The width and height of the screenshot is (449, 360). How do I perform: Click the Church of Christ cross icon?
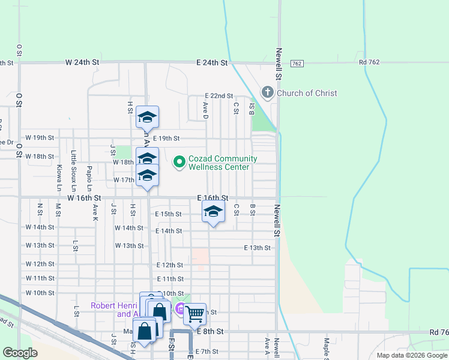(268, 93)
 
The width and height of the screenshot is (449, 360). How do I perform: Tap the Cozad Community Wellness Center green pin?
(179, 162)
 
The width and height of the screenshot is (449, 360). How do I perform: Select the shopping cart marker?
(194, 313)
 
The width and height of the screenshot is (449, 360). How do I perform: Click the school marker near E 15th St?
(212, 212)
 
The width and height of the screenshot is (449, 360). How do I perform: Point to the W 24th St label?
(82, 62)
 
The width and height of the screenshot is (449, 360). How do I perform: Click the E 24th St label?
(212, 62)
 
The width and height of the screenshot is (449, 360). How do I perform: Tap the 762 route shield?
(296, 63)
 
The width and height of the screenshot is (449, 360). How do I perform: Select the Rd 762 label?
(371, 62)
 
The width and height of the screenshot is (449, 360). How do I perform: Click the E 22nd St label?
(218, 96)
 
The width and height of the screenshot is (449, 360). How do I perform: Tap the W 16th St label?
(84, 197)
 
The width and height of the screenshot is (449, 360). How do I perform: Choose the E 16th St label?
(213, 197)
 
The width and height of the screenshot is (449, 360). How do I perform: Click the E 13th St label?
(257, 248)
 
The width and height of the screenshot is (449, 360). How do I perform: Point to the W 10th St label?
(40, 293)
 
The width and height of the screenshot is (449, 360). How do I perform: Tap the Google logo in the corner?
(20, 353)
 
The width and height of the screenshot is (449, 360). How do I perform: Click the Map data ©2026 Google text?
(411, 355)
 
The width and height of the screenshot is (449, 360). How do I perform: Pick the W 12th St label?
(40, 264)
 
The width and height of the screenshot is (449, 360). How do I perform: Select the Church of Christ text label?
(306, 93)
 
